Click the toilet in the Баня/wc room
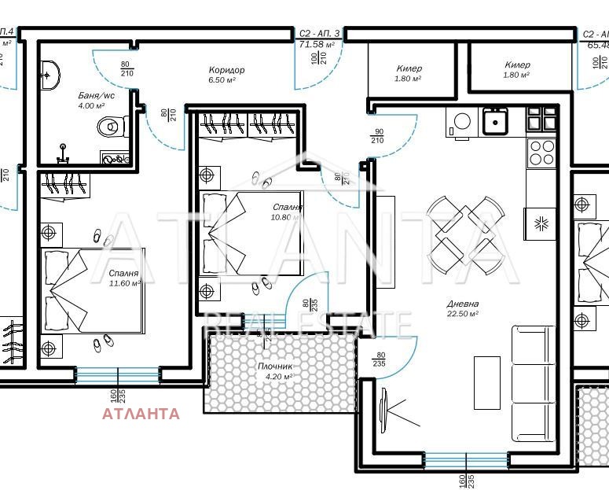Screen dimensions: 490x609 112,126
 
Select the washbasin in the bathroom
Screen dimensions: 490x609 50,76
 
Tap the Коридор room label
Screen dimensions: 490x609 226,70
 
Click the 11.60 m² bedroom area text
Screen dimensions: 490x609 126,283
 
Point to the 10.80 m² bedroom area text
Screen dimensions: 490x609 286,216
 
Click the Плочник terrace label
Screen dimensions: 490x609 275,366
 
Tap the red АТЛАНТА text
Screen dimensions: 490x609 141,414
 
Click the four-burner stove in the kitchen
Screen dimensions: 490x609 541,152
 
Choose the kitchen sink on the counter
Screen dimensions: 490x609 495,121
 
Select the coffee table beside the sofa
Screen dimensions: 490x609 486,382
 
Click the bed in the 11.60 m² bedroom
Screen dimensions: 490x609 93,291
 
